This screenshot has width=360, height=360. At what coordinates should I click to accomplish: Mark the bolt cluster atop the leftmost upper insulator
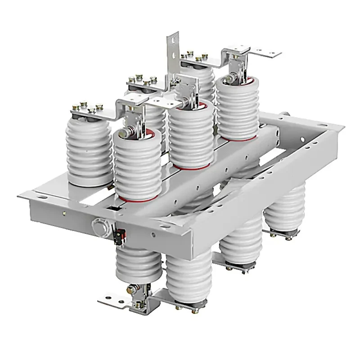[89, 109]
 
